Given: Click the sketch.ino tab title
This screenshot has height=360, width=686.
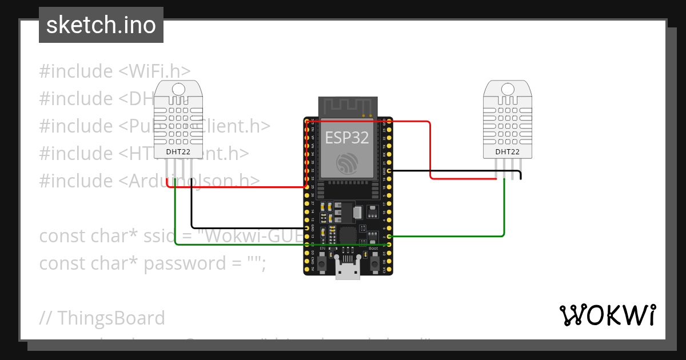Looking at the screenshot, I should pos(101,25).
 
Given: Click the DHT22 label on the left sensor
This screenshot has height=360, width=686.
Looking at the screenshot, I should pos(178,151).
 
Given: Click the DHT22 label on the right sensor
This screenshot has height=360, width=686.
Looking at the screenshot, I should pos(508,151).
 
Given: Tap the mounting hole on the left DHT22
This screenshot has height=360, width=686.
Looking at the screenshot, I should pos(178,89).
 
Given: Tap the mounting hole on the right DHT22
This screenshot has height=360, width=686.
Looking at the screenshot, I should pos(508,89).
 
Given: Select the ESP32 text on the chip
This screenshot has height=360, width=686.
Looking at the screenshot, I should pos(347,138).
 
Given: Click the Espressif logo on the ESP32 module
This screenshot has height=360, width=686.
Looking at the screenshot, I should pos(347,164).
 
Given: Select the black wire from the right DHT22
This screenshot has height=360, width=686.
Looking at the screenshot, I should pos(457,170).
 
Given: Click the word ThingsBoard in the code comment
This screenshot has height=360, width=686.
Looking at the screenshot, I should pos(111,318).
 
